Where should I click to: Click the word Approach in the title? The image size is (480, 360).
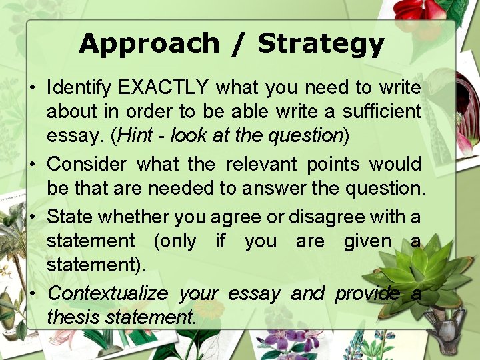coord(148,44)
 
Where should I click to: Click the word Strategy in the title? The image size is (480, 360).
coord(321,44)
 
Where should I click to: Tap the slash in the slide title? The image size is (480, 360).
coord(238,44)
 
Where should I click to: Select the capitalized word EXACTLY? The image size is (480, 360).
coord(163,87)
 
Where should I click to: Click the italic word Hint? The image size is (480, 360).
coord(140,136)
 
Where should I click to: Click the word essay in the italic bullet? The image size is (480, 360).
coord(253,293)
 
